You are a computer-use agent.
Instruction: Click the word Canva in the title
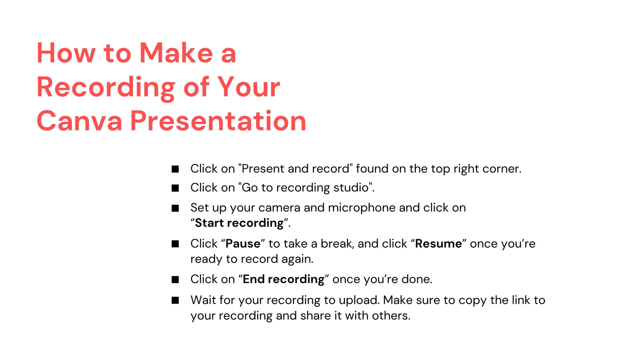click(80, 121)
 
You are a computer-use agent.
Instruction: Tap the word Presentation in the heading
click(218, 121)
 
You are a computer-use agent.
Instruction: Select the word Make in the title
click(176, 53)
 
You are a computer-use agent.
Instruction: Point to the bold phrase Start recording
click(239, 223)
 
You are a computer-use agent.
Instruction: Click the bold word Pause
click(243, 244)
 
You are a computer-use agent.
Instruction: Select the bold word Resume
click(438, 244)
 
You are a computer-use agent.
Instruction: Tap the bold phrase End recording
click(284, 279)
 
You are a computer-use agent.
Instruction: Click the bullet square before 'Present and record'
click(175, 169)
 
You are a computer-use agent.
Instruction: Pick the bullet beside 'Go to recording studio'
click(175, 188)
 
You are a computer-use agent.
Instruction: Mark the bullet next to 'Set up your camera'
click(175, 208)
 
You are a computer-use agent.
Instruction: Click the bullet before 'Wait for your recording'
click(175, 300)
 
